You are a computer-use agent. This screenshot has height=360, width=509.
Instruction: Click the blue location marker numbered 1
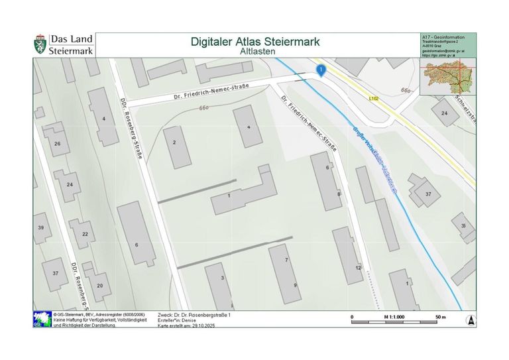(321, 70)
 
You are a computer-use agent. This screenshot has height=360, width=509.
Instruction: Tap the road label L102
(376, 97)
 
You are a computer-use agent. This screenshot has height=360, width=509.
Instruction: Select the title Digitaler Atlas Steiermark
(255, 41)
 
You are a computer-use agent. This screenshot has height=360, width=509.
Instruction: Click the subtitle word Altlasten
(255, 50)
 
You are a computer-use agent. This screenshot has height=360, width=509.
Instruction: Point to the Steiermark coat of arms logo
(40, 45)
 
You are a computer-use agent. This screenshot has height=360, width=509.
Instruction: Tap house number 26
(57, 144)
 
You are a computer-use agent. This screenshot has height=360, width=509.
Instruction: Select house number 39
(41, 228)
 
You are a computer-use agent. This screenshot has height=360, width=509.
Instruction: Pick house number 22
(84, 234)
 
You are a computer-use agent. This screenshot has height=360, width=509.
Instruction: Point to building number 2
(174, 143)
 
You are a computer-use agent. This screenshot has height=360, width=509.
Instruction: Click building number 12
(358, 267)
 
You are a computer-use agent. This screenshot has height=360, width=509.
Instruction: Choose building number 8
(339, 194)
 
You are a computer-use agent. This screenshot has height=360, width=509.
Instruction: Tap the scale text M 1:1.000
(395, 318)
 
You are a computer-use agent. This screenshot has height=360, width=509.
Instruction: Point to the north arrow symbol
(471, 320)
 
